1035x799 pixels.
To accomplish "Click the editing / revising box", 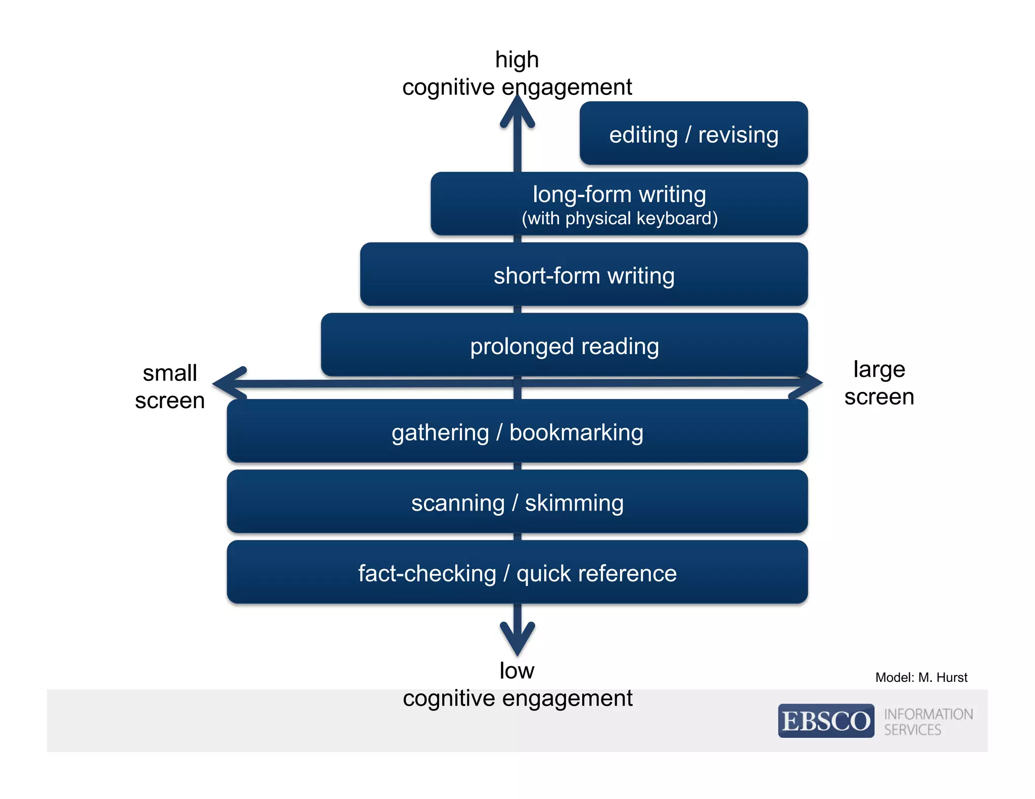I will click(x=693, y=133).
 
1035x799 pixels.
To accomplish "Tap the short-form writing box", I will click(x=584, y=275).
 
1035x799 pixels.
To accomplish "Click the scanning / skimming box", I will click(x=517, y=502).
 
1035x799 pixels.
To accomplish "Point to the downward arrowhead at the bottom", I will click(x=517, y=639).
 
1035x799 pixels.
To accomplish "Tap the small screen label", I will click(x=170, y=386).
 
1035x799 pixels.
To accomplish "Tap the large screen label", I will click(x=879, y=383).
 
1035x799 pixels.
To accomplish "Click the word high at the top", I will click(x=516, y=60).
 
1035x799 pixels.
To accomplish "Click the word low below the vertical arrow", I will click(x=516, y=671).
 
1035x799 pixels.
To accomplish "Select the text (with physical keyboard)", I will click(x=619, y=219).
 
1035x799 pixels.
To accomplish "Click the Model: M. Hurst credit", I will click(x=921, y=677).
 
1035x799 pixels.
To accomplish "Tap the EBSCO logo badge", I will click(x=826, y=721).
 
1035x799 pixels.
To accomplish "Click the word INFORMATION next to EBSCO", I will click(x=928, y=714).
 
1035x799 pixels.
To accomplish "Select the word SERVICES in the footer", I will click(x=912, y=730).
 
